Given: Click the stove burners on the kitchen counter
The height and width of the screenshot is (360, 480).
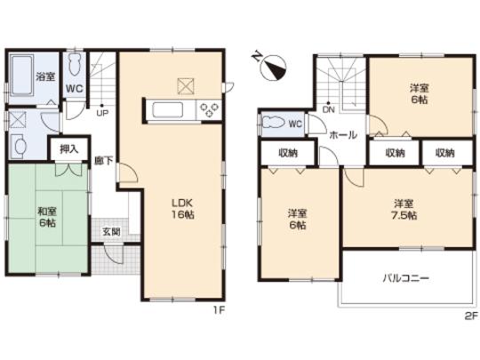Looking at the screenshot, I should coord(209,110).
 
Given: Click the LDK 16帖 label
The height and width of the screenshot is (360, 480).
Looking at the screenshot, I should coord(183,207).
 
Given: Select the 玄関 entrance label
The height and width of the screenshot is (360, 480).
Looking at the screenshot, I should coord(111,232).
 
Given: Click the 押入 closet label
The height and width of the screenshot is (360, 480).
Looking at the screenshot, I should coord(68,150).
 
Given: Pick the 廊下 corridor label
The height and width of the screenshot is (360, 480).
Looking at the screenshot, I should coord(103,162).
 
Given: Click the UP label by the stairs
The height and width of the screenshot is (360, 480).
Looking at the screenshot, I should coord(102,113).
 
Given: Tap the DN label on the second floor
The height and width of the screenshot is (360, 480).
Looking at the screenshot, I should coord(328,111).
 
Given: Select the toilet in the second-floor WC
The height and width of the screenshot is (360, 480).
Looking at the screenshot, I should coord(274,124).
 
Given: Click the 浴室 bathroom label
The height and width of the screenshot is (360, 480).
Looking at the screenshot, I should coord(44,77).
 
